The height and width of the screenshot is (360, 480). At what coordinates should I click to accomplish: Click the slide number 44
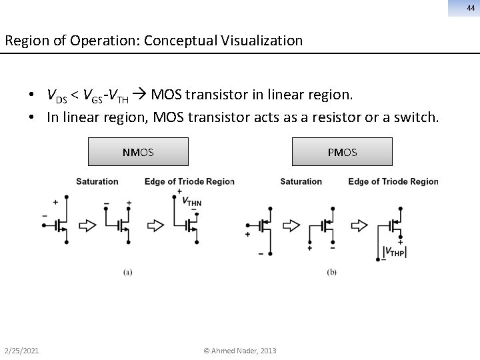pos(471,8)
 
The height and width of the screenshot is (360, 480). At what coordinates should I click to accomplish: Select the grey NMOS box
pos(139,152)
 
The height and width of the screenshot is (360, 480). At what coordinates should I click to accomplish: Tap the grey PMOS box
pos(342,152)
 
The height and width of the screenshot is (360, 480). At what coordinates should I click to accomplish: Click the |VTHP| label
pos(395,251)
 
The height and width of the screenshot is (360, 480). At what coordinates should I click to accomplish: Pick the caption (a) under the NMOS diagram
pos(127,271)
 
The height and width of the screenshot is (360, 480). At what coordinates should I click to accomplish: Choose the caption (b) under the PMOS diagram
pos(331,271)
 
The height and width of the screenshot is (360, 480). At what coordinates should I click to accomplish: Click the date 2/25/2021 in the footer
pos(21,351)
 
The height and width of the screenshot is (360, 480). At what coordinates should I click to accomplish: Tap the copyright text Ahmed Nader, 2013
pos(240,351)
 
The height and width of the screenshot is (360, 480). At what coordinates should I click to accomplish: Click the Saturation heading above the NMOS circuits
pos(97,181)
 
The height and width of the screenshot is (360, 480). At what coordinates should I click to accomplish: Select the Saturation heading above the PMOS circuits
pos(301,181)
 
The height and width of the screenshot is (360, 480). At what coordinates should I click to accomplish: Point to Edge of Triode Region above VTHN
pos(189,181)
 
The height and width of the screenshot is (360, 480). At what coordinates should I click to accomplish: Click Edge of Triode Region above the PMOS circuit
pos(393,181)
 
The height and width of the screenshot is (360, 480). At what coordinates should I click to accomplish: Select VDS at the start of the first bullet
pos(57,95)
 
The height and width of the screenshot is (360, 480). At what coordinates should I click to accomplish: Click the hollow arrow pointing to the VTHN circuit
pos(155,225)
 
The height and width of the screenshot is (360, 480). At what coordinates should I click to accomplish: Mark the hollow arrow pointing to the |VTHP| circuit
pos(359,225)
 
